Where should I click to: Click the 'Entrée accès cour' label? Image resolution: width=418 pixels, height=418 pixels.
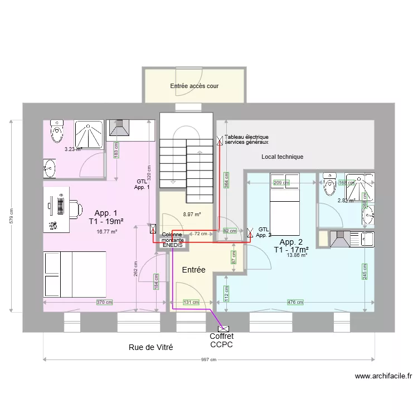[x=194, y=86]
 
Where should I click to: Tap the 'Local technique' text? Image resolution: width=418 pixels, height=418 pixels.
[x=282, y=157]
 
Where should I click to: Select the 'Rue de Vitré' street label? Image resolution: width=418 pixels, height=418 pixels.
[x=150, y=347]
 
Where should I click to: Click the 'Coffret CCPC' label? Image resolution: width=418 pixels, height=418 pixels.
[x=221, y=341]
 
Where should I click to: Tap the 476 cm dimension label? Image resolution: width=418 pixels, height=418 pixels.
[x=295, y=303]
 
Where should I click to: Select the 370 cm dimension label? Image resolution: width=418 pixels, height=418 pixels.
[x=104, y=303]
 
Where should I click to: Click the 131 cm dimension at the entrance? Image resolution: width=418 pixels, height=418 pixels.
[x=191, y=303]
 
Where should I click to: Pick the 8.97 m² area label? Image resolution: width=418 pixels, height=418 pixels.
[x=192, y=214]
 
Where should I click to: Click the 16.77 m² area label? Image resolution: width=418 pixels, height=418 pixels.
[x=106, y=232]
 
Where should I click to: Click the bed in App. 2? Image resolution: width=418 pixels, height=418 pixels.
[x=285, y=206]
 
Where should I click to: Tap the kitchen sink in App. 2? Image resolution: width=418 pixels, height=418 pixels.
[x=367, y=240]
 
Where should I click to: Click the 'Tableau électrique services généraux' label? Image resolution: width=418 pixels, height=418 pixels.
[x=246, y=139]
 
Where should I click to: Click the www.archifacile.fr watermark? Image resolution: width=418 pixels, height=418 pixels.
[x=383, y=376]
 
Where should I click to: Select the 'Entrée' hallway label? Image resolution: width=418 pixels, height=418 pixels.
[x=194, y=270]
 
